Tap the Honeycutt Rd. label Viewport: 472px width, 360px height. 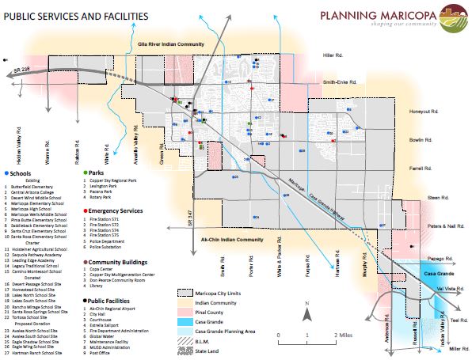click(423, 112)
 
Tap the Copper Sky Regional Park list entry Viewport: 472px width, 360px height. click(115, 180)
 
